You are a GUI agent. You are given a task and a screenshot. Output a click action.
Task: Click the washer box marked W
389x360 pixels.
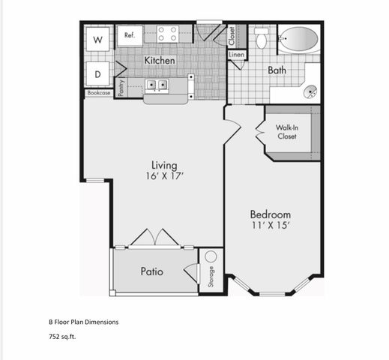pos(97,39)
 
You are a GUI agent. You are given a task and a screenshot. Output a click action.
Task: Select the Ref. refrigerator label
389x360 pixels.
pos(129,34)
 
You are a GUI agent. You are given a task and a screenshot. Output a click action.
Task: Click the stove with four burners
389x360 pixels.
pos(167,34)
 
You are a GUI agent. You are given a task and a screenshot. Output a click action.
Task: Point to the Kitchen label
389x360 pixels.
pos(160,60)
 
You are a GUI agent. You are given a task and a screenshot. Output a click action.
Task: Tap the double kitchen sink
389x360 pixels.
pos(157,85)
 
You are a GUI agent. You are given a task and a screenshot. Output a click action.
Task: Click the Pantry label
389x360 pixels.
pos(120,88)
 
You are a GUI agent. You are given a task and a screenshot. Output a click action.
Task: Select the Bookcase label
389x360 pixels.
pos(98,94)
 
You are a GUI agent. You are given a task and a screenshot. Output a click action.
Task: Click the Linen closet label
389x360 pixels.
pos(236,55)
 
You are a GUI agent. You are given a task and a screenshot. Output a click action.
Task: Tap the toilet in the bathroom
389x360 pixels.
pos(262,37)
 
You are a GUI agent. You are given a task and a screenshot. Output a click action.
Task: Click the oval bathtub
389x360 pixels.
pos(299,38)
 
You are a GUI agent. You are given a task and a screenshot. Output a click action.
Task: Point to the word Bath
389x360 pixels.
pos(277,70)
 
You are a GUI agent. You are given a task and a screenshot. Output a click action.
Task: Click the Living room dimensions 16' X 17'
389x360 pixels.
pos(163,176)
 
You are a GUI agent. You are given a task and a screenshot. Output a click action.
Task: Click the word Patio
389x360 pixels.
pos(151,271)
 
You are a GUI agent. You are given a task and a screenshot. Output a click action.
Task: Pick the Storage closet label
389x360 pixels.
pos(211,277)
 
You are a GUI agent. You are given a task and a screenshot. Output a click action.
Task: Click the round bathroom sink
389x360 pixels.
pos(310,91)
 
